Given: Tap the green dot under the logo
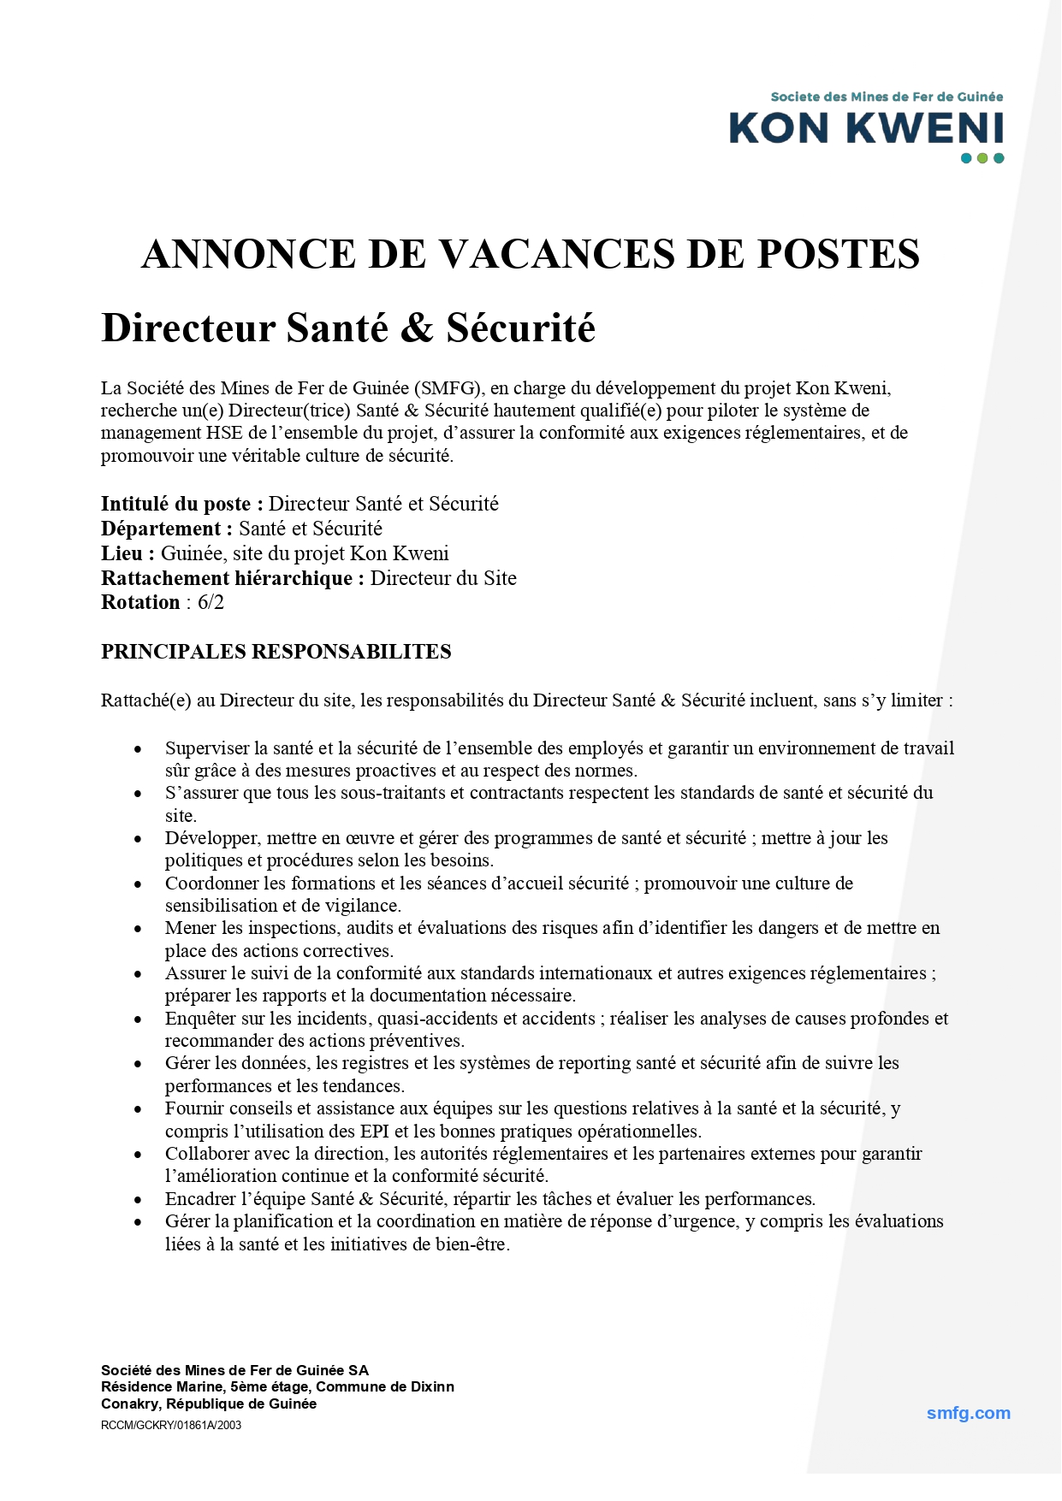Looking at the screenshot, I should point(982,158).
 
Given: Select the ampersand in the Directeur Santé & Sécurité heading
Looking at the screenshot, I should point(417,328).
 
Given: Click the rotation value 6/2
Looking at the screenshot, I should point(211,602).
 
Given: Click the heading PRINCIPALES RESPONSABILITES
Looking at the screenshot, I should point(276,652).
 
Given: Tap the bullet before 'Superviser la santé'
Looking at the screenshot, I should point(137,749).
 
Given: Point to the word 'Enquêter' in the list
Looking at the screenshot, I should point(199,1019).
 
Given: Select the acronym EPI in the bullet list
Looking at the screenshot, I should point(374,1132).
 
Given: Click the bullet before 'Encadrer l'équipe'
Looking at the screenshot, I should point(137,1200).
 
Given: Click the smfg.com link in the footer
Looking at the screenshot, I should point(968,1413).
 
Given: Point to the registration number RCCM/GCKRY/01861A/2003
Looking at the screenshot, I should point(171,1425).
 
